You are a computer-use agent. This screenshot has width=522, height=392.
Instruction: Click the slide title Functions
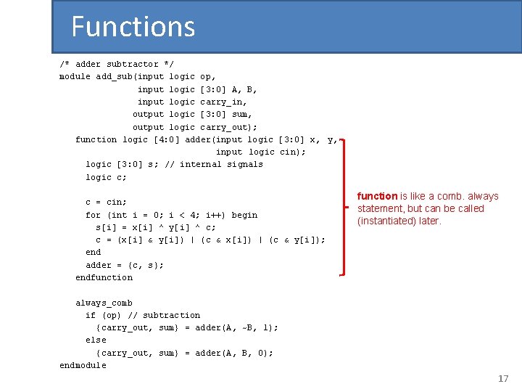[x=133, y=27]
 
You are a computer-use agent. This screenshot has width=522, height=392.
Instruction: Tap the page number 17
[x=503, y=379]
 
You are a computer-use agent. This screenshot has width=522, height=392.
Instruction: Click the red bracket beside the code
[x=342, y=208]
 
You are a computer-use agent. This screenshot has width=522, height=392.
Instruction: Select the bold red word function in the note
[x=377, y=196]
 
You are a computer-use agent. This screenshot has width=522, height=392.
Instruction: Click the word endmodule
[x=83, y=366]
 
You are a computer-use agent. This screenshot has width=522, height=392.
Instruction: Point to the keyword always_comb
[x=104, y=303]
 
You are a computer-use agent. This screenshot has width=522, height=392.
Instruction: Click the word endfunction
[x=104, y=277]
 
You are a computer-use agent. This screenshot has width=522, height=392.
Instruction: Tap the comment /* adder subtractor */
[x=117, y=64]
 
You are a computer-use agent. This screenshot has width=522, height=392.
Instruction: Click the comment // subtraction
[x=164, y=315]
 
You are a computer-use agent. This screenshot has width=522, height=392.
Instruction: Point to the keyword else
[x=96, y=340]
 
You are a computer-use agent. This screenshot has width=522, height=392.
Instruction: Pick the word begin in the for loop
[x=244, y=215]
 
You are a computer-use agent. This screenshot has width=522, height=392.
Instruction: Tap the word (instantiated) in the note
[x=388, y=221]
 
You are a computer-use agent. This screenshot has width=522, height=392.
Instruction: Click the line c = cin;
[x=106, y=202]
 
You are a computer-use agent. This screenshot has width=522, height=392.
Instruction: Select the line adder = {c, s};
[x=125, y=265]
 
